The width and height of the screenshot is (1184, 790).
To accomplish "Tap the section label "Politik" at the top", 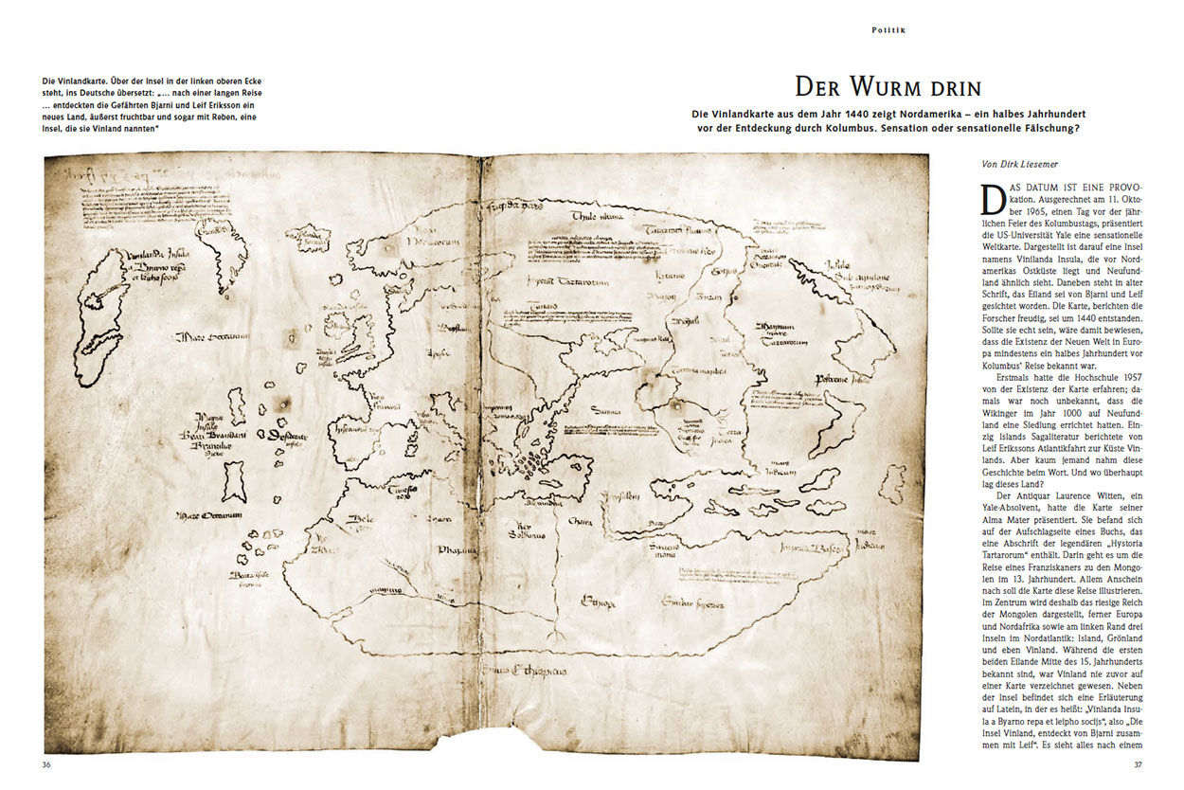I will click(888, 30).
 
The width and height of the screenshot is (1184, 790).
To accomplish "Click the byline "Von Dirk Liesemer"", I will click(1021, 164).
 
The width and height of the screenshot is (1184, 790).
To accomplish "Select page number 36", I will click(46, 763).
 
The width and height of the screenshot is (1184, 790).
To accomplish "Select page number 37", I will click(1139, 763).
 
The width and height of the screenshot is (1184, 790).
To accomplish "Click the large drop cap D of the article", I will click(994, 199).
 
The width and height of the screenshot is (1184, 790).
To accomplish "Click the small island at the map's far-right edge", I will click(891, 483).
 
